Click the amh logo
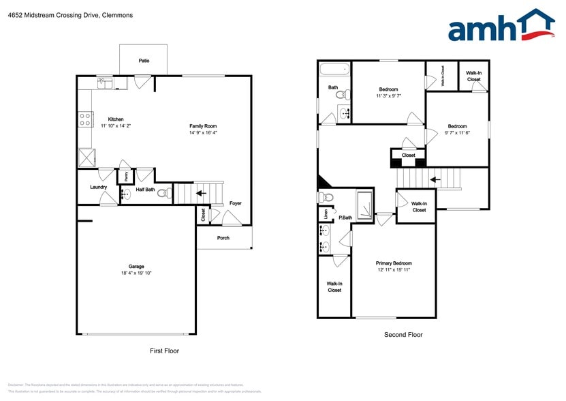501,27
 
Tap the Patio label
144,61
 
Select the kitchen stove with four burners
86,119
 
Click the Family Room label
203,126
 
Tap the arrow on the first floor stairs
201,194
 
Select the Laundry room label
98,187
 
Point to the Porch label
223,238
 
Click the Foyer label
235,203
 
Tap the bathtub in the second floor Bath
334,69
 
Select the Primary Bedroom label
394,263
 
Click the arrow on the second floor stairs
435,180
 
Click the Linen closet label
326,213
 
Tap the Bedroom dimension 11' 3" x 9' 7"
388,96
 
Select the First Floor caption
164,351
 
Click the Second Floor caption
404,335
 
